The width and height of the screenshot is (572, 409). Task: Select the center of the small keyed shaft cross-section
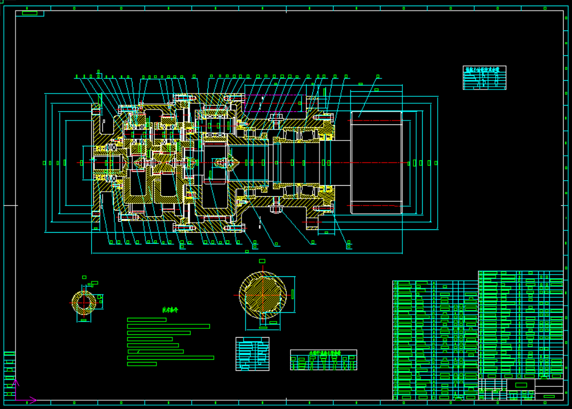84,302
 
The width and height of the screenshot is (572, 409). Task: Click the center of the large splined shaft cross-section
263,293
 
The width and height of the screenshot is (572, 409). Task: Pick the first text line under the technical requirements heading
146,319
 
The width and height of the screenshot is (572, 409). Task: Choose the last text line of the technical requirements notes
142,364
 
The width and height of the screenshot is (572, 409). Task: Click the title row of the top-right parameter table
485,70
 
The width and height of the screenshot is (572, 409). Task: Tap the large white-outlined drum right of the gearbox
376,162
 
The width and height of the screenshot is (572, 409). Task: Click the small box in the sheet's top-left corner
29,13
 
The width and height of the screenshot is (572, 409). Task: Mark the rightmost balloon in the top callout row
378,76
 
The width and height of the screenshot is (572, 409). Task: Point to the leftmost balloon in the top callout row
76,76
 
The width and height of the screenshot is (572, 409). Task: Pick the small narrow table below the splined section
252,354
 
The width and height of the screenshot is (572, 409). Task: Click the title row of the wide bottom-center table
324,352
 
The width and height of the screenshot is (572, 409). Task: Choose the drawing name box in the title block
521,385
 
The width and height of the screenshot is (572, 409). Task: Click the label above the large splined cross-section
262,261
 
